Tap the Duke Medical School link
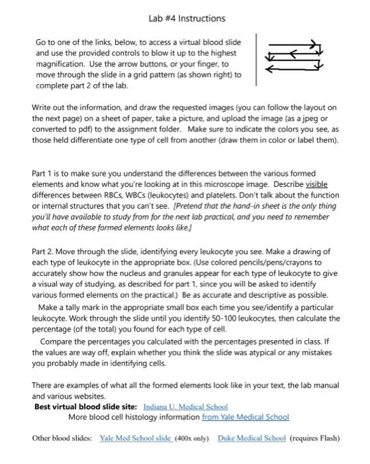252,438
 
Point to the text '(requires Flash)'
315,438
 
